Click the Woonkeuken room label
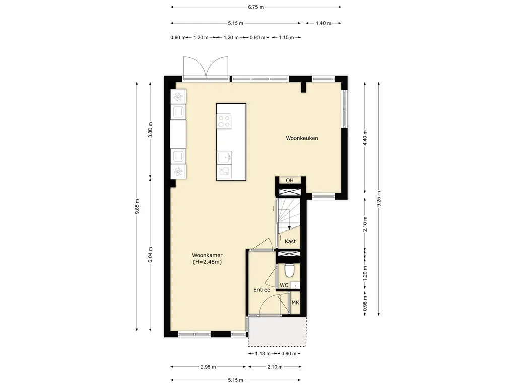pos(302,138)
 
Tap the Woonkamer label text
pos(207,255)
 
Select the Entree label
pos(262,290)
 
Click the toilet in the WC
pos(290,270)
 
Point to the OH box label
pos(290,181)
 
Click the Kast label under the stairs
pos(290,241)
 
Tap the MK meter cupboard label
pos(295,302)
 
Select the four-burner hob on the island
pos(224,121)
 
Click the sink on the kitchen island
pos(224,157)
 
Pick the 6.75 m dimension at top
pos(255,7)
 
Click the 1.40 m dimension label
pos(323,23)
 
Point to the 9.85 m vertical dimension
pos(137,206)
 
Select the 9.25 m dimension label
pos(379,199)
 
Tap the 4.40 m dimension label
pos(365,138)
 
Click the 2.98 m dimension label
pos(208,367)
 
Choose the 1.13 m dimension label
pos(263,353)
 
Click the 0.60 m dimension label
pos(178,37)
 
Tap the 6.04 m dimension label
pos(150,254)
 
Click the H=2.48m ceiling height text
pos(207,262)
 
